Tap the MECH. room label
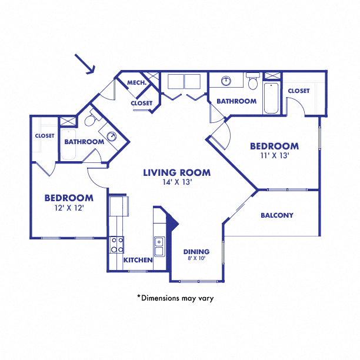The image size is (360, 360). coord(137,83)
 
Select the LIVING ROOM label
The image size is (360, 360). coord(177,172)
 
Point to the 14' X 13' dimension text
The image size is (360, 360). coord(177,182)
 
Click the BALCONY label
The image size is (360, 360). coord(276,215)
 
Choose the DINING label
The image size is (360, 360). coord(196,252)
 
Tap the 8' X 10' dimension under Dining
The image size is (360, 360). coord(196,259)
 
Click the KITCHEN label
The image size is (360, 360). coord(138,260)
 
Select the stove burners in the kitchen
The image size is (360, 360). coord(116,245)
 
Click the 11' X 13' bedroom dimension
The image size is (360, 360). coord(274,156)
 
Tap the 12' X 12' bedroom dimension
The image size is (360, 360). coord(69,208)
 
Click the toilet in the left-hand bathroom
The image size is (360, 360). coord(89,121)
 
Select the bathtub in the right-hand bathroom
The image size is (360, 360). coord(271,99)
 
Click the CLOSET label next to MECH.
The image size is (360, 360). coord(141,104)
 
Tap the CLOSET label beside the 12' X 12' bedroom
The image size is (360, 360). coord(45,136)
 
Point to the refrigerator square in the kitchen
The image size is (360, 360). coord(119,205)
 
